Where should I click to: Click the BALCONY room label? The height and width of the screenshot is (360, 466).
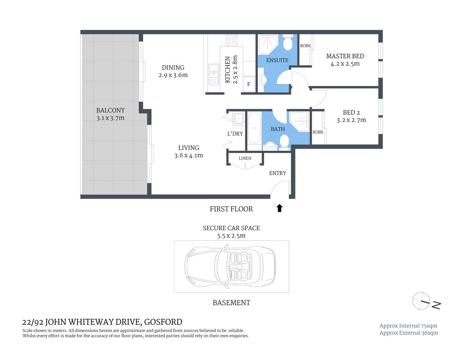[x=110, y=110]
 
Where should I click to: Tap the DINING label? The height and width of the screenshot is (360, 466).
[x=173, y=67]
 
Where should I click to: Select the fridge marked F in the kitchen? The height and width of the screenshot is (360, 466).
[x=248, y=84]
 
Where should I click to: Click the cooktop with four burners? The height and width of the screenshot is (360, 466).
[x=231, y=40]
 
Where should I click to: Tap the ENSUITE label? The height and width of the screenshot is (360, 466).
[x=277, y=60]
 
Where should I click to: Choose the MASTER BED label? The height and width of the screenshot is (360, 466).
[x=345, y=56]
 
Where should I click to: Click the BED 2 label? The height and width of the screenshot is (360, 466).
[x=351, y=112]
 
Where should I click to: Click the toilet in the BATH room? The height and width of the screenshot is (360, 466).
[x=284, y=142]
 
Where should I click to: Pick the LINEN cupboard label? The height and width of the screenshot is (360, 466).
[x=245, y=158]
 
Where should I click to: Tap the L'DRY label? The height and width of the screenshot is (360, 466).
[x=235, y=133]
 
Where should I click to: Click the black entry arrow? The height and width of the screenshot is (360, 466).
[x=279, y=208]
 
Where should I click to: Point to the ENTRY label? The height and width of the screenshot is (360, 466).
[x=278, y=173]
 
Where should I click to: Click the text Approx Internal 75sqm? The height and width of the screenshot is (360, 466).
[x=408, y=326]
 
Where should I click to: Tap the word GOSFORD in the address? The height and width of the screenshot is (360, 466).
[x=163, y=322]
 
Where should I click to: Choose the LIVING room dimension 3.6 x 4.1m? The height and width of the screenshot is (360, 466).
[x=188, y=155]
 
